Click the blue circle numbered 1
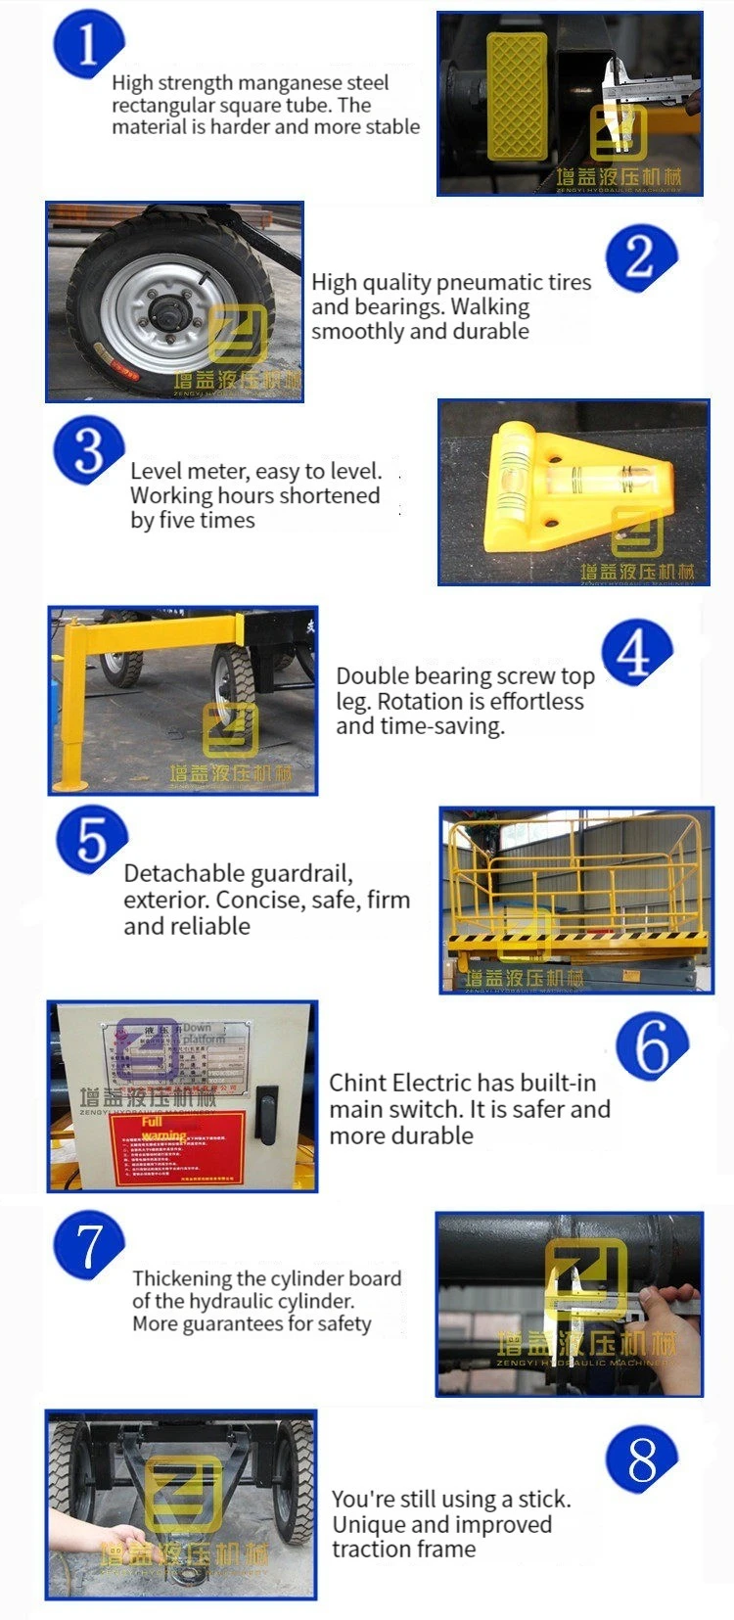(x=88, y=44)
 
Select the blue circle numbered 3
(x=89, y=450)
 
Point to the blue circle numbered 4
(x=636, y=653)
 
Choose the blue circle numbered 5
(x=91, y=840)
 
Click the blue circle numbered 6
(x=652, y=1045)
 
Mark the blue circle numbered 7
(x=89, y=1245)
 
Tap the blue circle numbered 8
(x=642, y=1459)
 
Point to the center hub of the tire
(x=163, y=315)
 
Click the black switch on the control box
(x=266, y=1113)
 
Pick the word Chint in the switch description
(x=357, y=1083)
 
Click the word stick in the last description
(x=543, y=1499)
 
